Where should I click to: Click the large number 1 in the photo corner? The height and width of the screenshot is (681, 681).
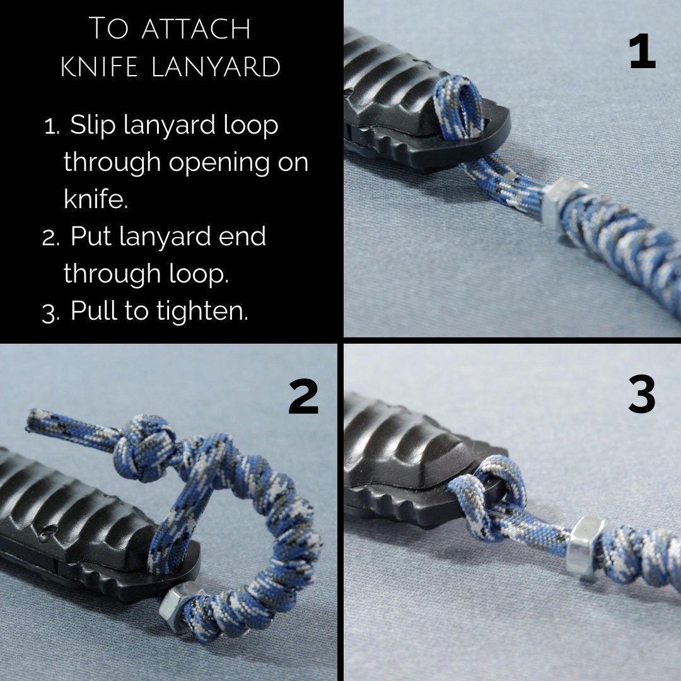(x=642, y=53)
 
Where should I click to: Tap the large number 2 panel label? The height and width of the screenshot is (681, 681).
(x=303, y=398)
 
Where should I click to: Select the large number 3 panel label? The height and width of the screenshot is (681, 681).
(x=642, y=397)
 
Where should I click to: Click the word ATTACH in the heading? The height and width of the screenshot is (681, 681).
(x=195, y=29)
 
